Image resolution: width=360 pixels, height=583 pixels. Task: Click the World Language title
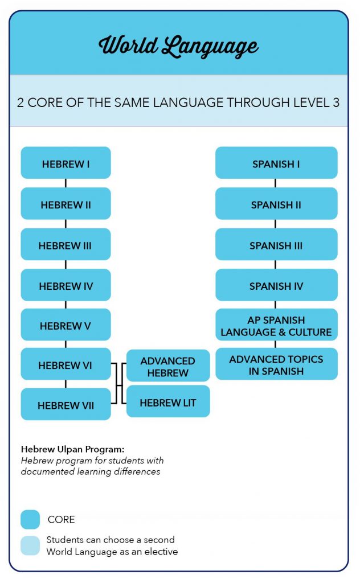coord(178,46)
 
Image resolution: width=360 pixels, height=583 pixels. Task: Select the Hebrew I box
coord(66,163)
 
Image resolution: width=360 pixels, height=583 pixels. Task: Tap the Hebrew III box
coord(66,244)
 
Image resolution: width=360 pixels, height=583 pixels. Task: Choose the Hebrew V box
coord(66,325)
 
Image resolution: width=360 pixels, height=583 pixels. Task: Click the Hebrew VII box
coord(66,404)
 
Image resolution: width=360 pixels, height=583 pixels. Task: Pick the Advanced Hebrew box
coord(168,366)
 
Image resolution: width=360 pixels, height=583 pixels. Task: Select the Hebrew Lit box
coord(168,401)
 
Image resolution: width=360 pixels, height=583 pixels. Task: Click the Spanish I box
coord(276,163)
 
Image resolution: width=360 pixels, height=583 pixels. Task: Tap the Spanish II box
coord(276,203)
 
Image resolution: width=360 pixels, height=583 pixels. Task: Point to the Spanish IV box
coord(276,285)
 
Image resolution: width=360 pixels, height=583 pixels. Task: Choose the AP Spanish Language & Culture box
coord(276,325)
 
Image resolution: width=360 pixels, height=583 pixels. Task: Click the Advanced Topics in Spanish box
coord(276,364)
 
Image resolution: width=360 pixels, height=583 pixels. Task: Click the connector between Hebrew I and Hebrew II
coord(66,183)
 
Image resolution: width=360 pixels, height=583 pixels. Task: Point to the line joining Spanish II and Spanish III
coord(275,224)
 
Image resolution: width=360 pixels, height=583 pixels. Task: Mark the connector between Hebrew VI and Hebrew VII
coord(66,384)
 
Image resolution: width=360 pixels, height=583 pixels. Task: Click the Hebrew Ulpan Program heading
coord(72,449)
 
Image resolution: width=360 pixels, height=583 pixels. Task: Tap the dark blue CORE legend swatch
coord(30,519)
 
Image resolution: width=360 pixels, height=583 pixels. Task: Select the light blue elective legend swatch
coord(30,545)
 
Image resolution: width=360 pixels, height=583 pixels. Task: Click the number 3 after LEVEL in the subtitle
coord(336,102)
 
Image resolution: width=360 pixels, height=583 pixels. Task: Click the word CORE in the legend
coord(62,519)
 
